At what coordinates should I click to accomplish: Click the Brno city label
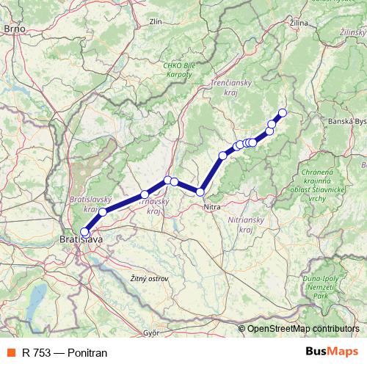pos(15,29)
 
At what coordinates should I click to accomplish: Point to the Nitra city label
pos(212,207)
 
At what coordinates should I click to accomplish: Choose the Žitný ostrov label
pos(149,279)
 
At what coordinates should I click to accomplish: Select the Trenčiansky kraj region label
pos(232,88)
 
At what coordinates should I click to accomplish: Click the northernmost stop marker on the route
pos(281,112)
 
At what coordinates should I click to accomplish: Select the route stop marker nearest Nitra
pos(200,192)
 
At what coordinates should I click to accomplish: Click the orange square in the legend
pos(11,353)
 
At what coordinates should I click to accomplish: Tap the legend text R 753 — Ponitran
pos(65,353)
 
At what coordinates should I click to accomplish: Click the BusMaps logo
pos(333,352)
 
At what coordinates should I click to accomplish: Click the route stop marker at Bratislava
pos(84,232)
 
